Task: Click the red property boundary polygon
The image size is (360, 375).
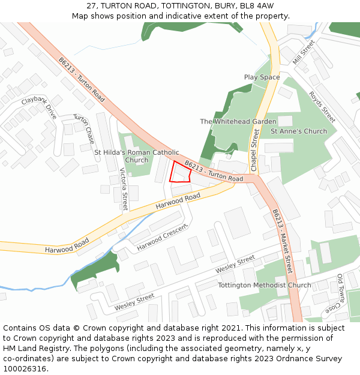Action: [x=180, y=172]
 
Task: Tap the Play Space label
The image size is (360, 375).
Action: [x=262, y=77]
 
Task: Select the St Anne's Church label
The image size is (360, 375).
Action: [x=299, y=131]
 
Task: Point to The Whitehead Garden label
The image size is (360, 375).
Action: [x=238, y=122]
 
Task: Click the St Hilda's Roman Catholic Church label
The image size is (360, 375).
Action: [x=137, y=156]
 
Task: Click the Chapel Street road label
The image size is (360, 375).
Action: [x=254, y=146]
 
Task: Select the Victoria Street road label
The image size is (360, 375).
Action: [x=124, y=189]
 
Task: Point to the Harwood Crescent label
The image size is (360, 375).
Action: [x=162, y=238]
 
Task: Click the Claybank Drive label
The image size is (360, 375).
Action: [x=39, y=107]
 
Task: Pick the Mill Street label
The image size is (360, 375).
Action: [x=304, y=52]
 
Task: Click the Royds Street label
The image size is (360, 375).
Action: [x=322, y=107]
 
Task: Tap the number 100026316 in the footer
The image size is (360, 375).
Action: [x=26, y=368]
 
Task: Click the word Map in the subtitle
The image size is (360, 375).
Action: [x=80, y=16]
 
